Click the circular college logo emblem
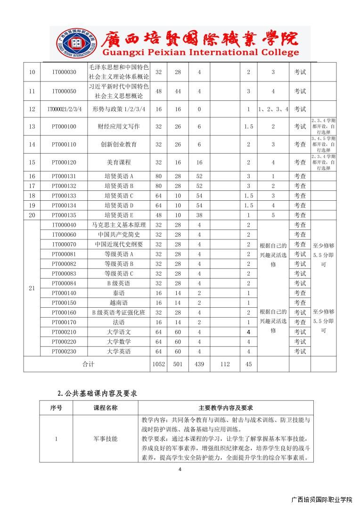click(75, 43)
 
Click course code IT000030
click(64, 72)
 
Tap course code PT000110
click(64, 144)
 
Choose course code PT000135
click(64, 215)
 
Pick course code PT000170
click(64, 322)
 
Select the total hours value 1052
click(158, 364)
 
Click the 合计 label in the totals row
click(89, 364)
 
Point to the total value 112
click(224, 364)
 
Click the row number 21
click(32, 288)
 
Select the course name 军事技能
click(105, 439)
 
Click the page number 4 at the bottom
click(180, 469)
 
